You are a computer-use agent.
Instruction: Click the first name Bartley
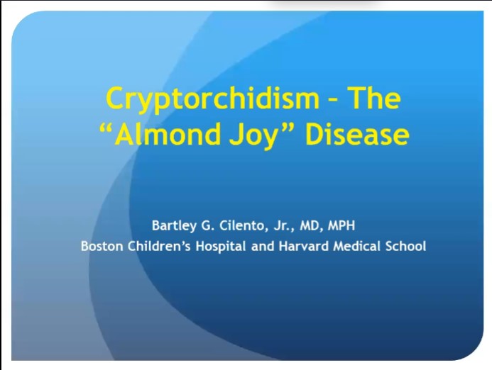click(x=175, y=226)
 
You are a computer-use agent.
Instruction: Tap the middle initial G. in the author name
click(x=212, y=226)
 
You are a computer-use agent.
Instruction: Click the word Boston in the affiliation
click(x=100, y=247)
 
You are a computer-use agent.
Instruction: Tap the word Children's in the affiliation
click(x=154, y=247)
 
